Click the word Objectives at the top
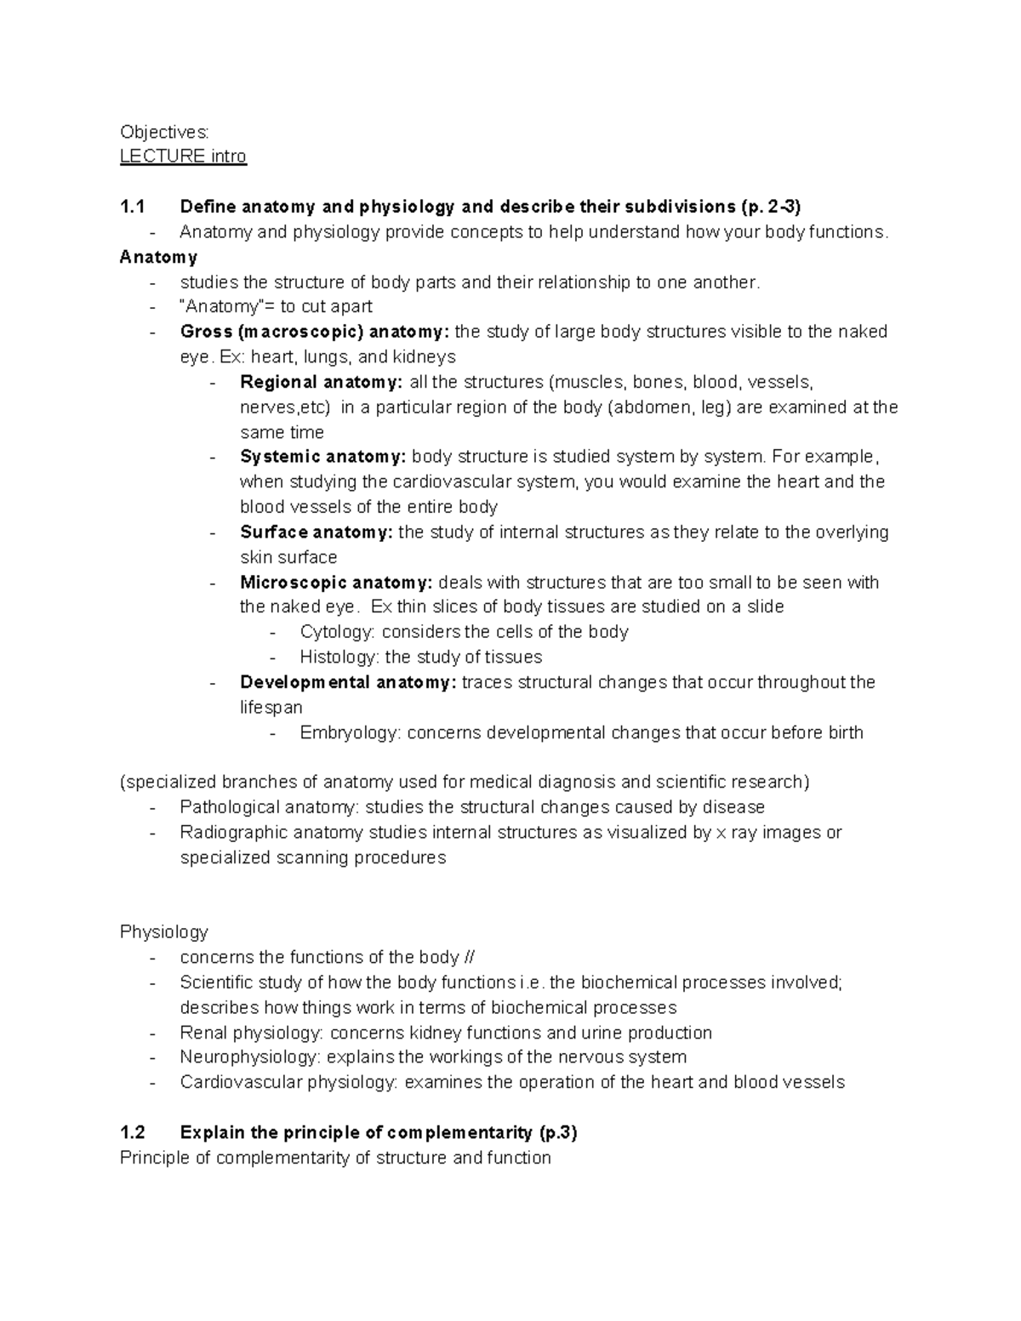163,132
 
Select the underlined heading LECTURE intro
183,157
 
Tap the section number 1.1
133,207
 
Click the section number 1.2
133,1133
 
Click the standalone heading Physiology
163,932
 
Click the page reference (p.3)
558,1133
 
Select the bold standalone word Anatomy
158,257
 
